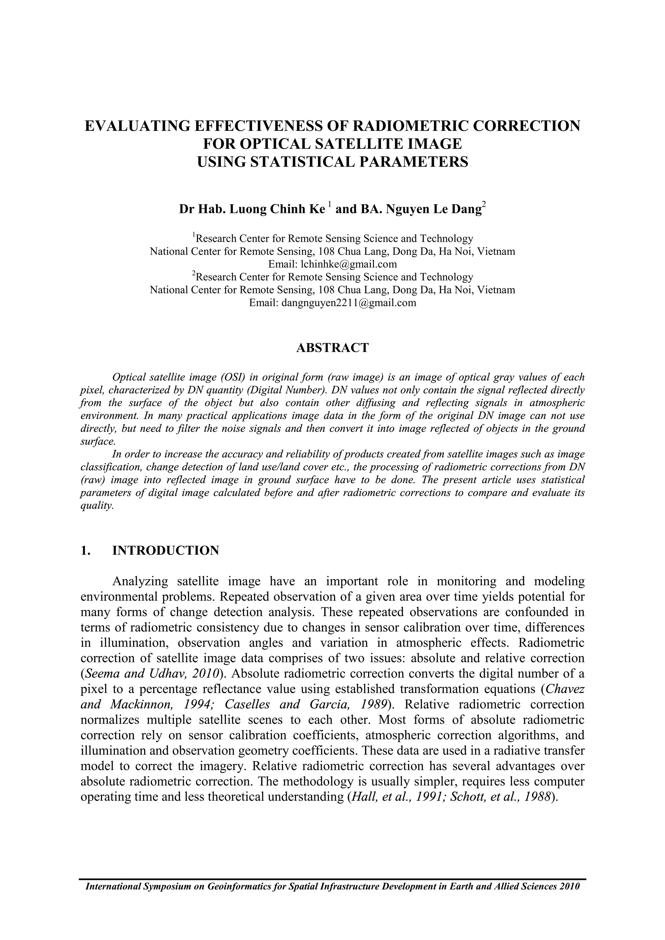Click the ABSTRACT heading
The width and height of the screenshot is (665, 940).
coord(332,348)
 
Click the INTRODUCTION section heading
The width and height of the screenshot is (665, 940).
coord(165,550)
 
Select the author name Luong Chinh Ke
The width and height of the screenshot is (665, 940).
coord(276,210)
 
